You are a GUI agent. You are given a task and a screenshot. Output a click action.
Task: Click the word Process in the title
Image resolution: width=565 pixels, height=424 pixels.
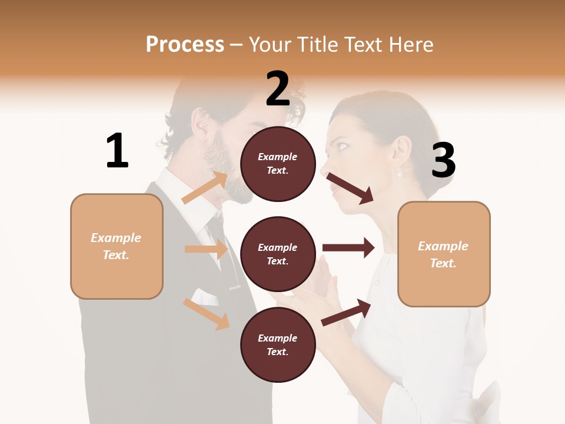pyautogui.click(x=185, y=45)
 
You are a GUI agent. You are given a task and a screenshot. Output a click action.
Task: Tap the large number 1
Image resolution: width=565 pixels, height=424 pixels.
pyautogui.click(x=117, y=151)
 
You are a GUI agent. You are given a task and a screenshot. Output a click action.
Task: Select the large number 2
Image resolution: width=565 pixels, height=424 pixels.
pyautogui.click(x=278, y=89)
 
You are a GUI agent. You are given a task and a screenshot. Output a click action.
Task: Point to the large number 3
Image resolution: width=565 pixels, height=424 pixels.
pyautogui.click(x=443, y=161)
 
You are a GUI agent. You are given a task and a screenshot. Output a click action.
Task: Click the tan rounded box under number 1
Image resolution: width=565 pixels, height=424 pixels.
pyautogui.click(x=117, y=246)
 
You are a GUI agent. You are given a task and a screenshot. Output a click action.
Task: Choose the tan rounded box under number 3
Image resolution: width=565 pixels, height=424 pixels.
pyautogui.click(x=444, y=254)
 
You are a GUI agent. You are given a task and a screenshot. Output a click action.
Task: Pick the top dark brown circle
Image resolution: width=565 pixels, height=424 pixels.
pyautogui.click(x=278, y=164)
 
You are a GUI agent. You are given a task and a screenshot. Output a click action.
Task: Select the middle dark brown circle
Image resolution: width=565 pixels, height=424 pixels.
pyautogui.click(x=278, y=254)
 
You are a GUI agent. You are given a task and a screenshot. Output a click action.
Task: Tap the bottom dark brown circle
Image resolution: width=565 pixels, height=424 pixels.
pyautogui.click(x=278, y=344)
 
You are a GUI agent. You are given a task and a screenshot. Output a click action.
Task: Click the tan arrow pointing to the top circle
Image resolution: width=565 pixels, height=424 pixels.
pyautogui.click(x=205, y=187)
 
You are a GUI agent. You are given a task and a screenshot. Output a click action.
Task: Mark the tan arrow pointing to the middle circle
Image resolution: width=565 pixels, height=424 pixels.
pyautogui.click(x=206, y=249)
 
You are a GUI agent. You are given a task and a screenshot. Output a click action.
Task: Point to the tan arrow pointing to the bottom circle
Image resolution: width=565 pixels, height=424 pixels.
pyautogui.click(x=206, y=313)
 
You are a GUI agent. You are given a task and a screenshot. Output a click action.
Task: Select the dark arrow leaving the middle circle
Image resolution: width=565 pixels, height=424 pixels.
pyautogui.click(x=348, y=247)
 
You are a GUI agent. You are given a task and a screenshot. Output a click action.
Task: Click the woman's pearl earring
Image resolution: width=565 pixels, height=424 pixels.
pyautogui.click(x=399, y=174)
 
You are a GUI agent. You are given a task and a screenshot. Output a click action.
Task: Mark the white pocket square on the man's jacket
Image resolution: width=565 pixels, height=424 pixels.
pyautogui.click(x=203, y=296)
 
